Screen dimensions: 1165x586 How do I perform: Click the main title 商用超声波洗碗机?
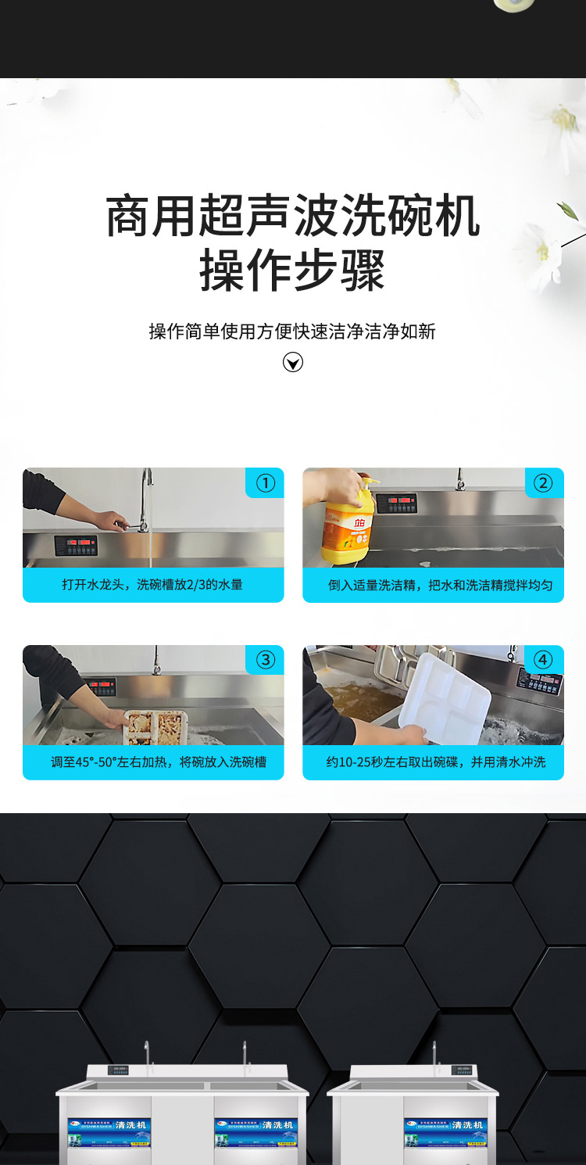(292, 217)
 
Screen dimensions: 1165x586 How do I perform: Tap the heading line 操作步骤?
(292, 271)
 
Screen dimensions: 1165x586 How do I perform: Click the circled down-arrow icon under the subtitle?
(293, 362)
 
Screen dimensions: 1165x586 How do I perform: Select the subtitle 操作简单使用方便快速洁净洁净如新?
(292, 332)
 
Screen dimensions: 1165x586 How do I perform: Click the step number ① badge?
(265, 483)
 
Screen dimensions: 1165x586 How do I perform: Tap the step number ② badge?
(543, 483)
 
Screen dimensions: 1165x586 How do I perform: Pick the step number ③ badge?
(265, 660)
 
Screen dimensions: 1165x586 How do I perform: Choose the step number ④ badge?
(543, 660)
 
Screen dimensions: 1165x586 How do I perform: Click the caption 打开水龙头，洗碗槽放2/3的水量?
(153, 584)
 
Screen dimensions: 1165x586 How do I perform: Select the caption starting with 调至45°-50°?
(159, 762)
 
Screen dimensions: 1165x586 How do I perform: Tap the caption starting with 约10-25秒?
(435, 762)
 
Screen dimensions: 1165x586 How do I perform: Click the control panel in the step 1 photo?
(76, 545)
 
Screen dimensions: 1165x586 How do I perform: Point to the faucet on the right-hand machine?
(434, 1055)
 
